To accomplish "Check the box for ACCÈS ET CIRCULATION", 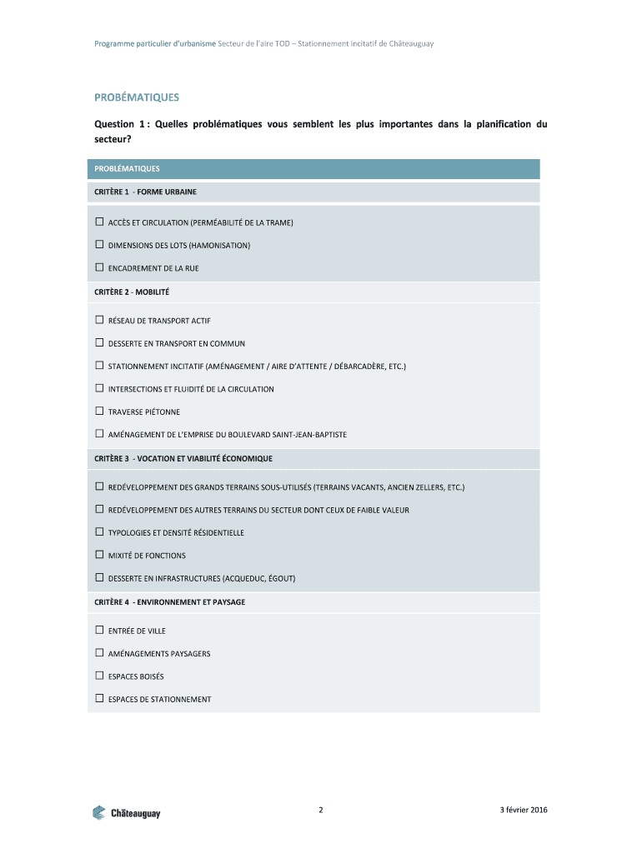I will coord(99,222).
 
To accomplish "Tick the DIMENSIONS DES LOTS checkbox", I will coord(99,245).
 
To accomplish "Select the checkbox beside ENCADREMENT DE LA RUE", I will coord(99,268).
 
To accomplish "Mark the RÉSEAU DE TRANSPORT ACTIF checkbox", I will coord(99,320).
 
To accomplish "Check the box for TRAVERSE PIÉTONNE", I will coord(99,412).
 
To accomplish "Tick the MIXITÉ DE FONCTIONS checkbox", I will coord(99,555).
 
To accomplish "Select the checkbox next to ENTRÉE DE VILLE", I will coord(99,631).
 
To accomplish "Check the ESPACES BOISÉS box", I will coord(99,676).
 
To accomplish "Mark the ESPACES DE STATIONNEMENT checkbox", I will coord(99,699).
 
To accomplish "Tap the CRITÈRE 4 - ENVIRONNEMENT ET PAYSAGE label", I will coord(169,601).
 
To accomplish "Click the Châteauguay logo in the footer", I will coord(126,812).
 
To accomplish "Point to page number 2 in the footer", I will coord(321,810).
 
